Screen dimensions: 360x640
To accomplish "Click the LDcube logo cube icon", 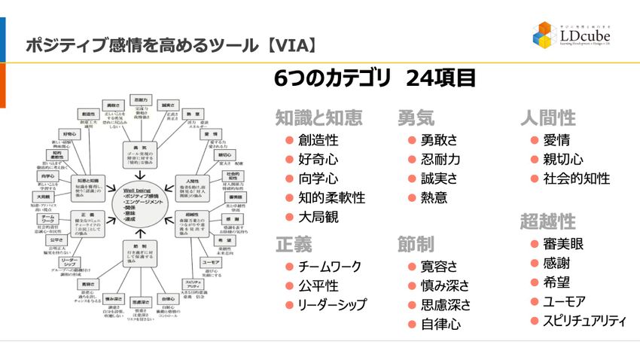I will click(546, 35).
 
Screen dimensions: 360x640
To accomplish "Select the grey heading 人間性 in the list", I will click(547, 117).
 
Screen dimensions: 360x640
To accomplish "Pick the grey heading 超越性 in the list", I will click(547, 221).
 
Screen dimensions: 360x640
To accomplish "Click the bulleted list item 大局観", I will click(318, 218).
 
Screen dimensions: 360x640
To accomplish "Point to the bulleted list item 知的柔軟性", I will click(331, 198).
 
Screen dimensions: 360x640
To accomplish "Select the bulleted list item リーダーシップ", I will click(332, 305).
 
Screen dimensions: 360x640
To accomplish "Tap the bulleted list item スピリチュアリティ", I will click(584, 321).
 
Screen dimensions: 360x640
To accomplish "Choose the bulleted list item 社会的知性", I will click(576, 178).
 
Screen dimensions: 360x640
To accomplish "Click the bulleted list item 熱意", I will click(434, 198).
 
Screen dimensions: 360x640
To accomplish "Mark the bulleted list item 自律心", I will click(440, 325).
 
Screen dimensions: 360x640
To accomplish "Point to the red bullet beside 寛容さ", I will click(410, 267).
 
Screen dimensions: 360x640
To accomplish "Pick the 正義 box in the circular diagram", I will click(87, 215).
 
